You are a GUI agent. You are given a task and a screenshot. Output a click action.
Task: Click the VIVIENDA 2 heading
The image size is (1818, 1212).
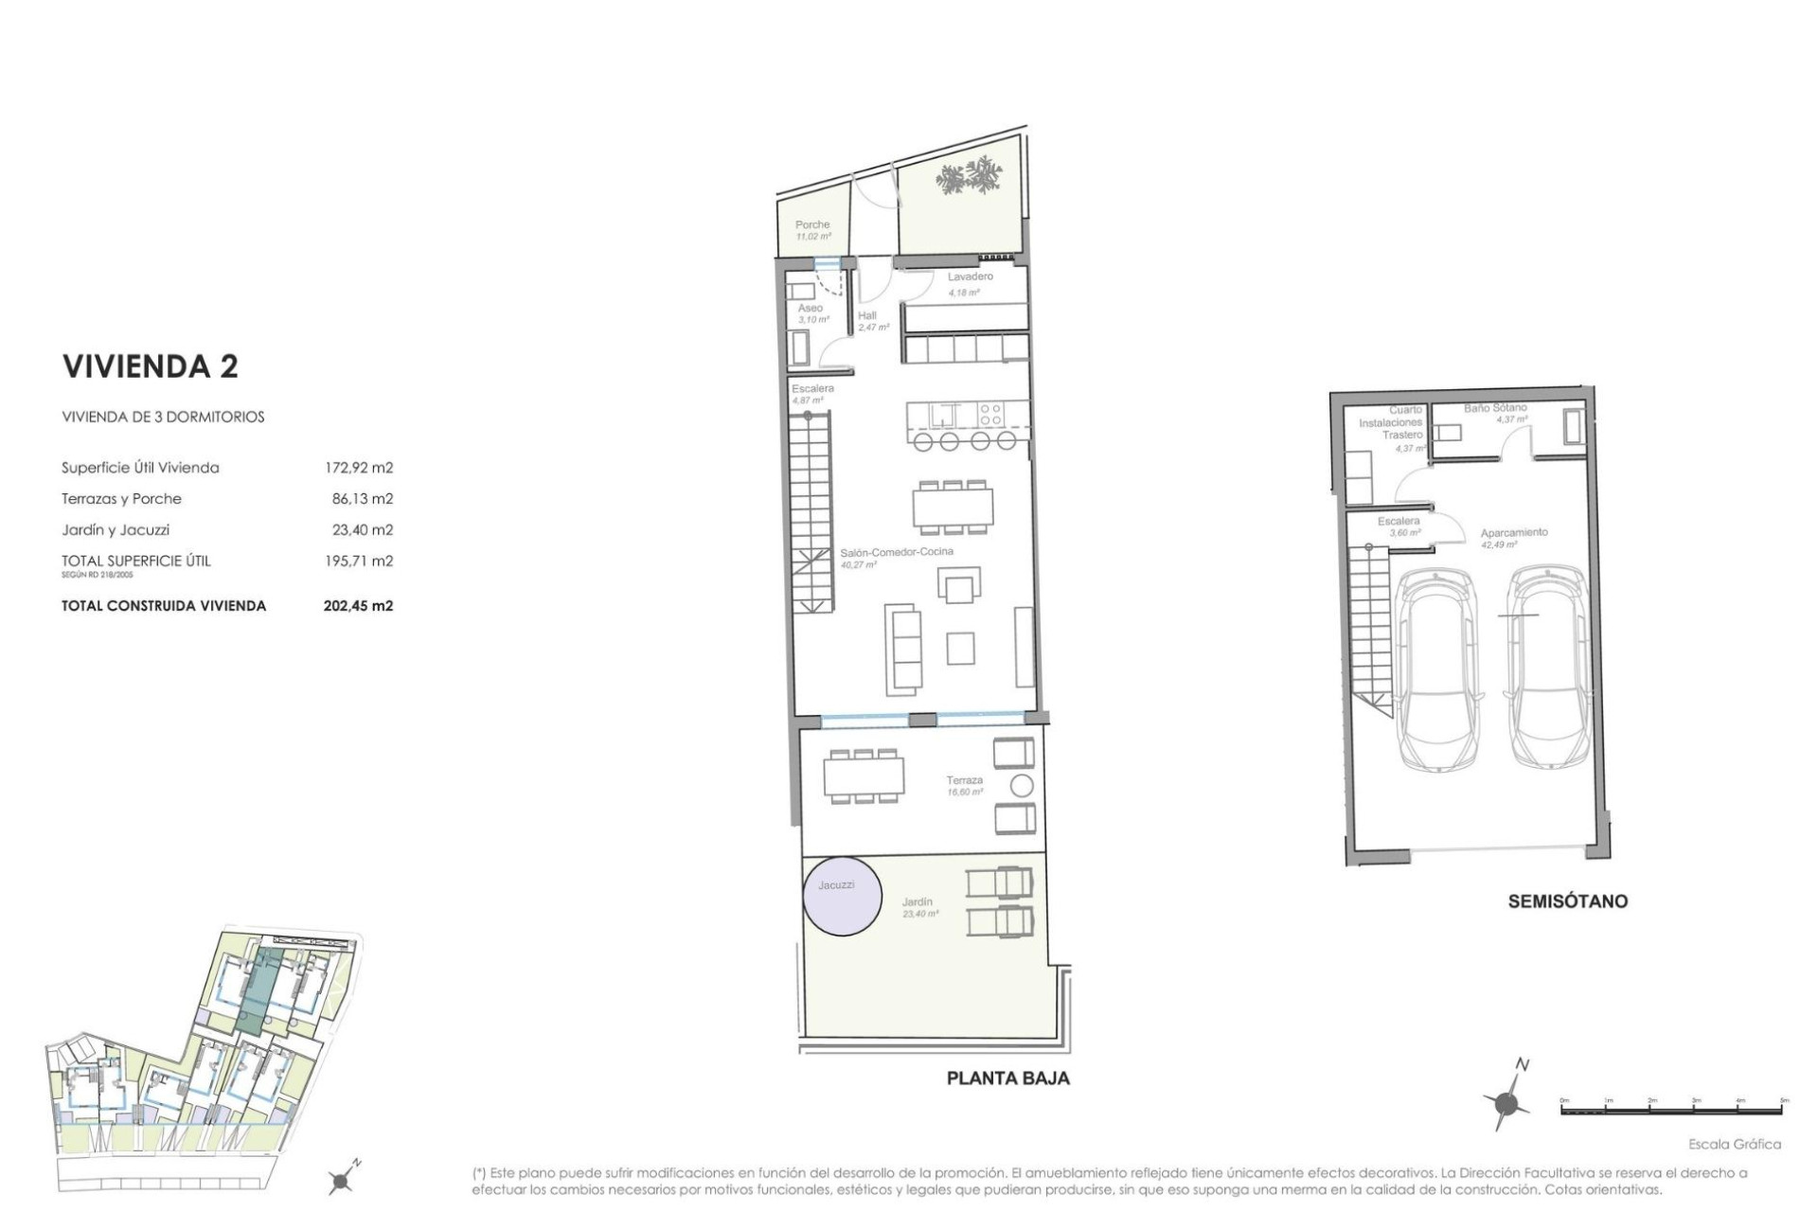[150, 366]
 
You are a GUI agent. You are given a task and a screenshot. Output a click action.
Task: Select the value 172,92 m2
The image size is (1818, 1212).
[358, 468]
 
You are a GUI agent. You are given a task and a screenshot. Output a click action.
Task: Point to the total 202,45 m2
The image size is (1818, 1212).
[358, 606]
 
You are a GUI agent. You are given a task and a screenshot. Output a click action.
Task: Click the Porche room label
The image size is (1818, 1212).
[812, 225]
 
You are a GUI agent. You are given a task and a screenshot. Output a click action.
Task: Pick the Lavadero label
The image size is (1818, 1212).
[971, 276]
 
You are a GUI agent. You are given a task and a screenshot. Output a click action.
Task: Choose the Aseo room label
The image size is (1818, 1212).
[810, 309]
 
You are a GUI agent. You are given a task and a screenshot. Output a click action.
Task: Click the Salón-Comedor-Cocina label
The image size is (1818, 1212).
[897, 551]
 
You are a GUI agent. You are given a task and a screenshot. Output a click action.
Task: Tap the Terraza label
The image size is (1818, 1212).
[964, 780]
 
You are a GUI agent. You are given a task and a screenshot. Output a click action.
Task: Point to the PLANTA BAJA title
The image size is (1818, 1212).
[1007, 1078]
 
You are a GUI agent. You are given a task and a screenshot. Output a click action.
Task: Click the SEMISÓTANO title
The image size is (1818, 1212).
[1567, 901]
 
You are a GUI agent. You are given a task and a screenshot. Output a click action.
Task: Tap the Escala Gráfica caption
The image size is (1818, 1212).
[1734, 1144]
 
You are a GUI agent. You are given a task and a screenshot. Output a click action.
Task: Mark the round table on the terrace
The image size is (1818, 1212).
[1022, 785]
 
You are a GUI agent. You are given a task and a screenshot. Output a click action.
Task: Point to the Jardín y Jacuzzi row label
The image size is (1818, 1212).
[116, 530]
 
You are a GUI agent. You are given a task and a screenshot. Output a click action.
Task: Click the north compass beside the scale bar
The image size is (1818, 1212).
[1506, 1102]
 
